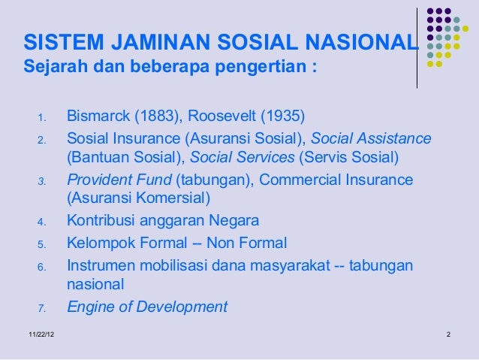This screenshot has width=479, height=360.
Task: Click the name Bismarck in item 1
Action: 98,116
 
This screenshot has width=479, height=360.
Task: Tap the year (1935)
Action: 283,116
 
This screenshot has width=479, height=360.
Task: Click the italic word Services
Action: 261,159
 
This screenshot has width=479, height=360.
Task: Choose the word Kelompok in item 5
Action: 99,243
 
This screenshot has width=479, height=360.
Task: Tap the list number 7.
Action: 43,307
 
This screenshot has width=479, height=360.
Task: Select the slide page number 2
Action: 447,333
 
